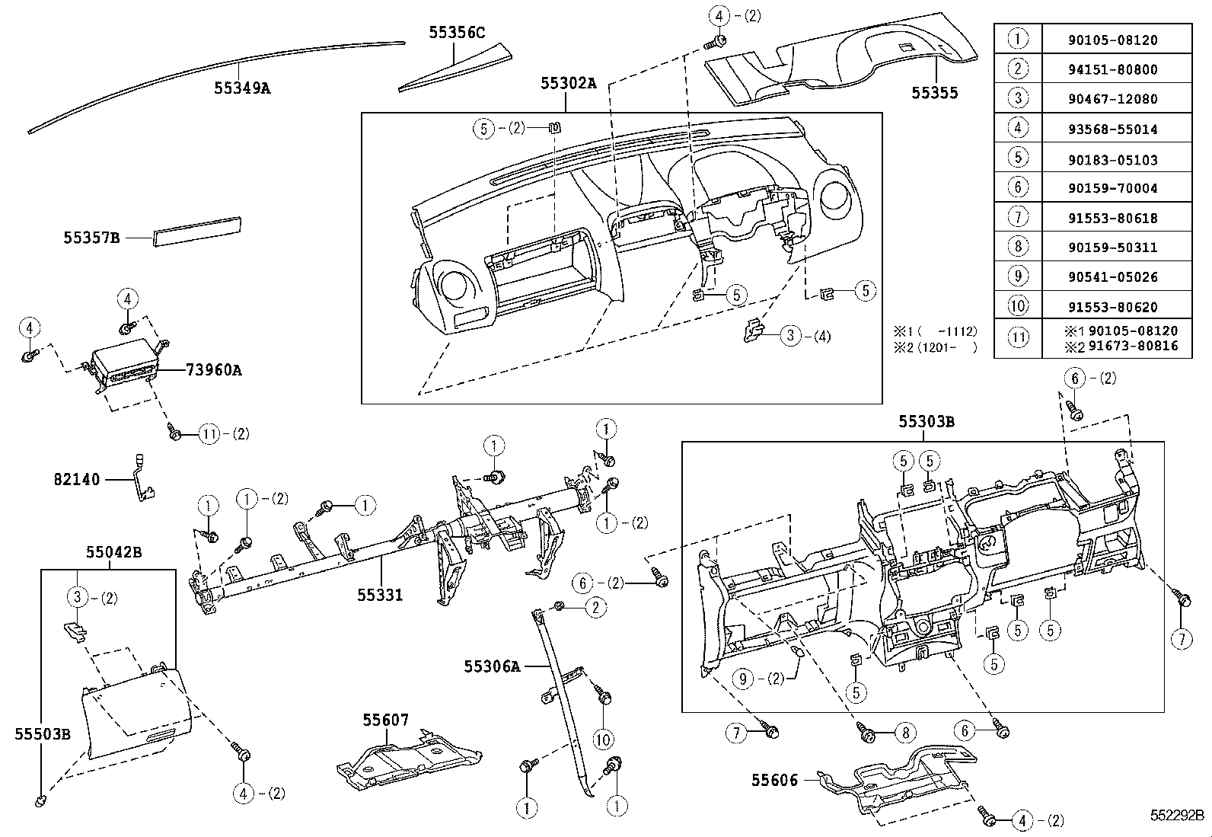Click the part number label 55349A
(x=241, y=88)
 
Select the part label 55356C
(x=456, y=33)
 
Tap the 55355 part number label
(x=934, y=94)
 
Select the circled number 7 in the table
(x=1018, y=217)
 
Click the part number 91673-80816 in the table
(x=1133, y=346)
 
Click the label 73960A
(x=213, y=371)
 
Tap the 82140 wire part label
(x=76, y=480)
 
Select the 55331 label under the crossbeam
(x=380, y=595)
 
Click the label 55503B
(x=43, y=734)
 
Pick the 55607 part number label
(x=385, y=720)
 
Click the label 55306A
(x=491, y=667)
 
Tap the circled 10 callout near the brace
(x=602, y=739)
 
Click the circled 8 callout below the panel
(x=904, y=733)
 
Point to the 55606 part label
(x=774, y=781)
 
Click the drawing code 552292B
(x=1176, y=814)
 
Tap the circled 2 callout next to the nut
(x=595, y=607)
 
